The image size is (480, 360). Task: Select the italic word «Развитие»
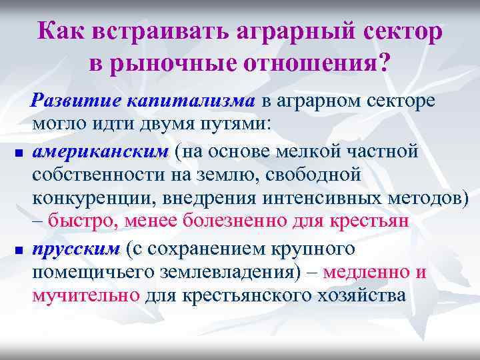(x=78, y=101)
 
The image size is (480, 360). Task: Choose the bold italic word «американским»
(x=100, y=152)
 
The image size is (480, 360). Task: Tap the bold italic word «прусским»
(x=75, y=249)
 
